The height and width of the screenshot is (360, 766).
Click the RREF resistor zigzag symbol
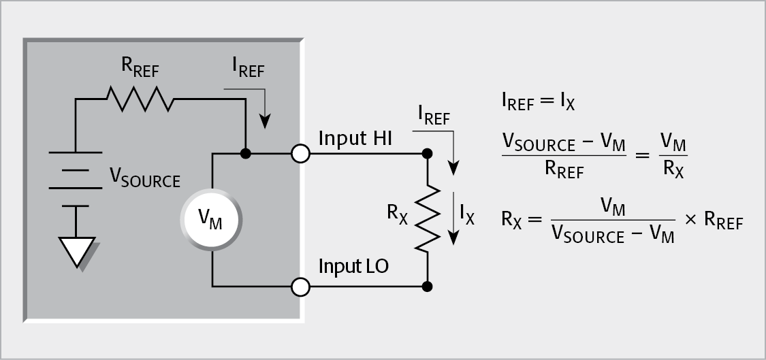[x=139, y=99]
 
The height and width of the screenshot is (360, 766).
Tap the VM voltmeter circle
[x=212, y=219]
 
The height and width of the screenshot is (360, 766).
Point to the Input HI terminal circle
[x=300, y=154]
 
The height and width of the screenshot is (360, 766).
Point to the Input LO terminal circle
[x=300, y=287]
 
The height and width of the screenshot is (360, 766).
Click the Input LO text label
[x=353, y=266]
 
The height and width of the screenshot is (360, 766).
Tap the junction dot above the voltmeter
[x=246, y=154]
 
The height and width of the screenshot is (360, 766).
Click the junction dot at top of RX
[x=427, y=154]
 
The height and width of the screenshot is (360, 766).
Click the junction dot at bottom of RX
[x=427, y=287]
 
